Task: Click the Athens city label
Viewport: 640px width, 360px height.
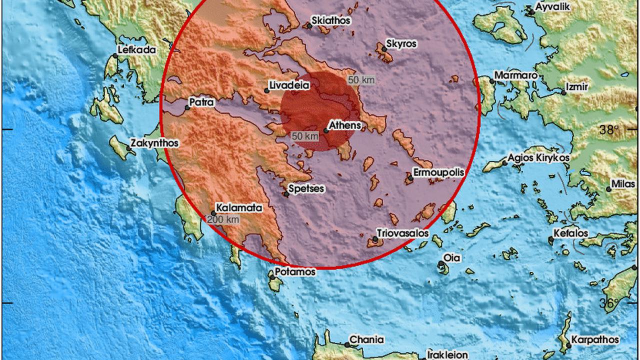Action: pos(345,125)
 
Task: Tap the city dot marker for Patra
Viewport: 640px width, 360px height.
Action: pos(187,107)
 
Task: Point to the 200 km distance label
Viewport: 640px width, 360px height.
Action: pos(222,219)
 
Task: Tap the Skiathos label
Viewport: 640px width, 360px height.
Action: pos(330,21)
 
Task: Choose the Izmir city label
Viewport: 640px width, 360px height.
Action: pos(577,87)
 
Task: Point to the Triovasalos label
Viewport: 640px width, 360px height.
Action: pos(403,233)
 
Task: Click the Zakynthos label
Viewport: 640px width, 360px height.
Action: pos(154,143)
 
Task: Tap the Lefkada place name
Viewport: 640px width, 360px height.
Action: pos(136,49)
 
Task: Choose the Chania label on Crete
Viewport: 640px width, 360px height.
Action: pos(366,339)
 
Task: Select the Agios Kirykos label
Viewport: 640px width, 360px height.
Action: pos(539,158)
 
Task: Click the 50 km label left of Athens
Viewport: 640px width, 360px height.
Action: pos(305,136)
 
